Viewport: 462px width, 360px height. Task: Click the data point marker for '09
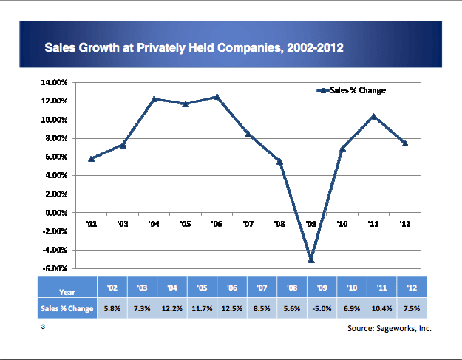[311, 259]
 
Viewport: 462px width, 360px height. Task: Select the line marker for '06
[217, 97]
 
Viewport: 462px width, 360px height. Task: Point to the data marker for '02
[91, 158]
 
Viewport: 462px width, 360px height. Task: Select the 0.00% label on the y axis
[57, 213]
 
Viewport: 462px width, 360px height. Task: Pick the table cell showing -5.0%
[322, 308]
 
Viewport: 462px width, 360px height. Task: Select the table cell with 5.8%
[112, 308]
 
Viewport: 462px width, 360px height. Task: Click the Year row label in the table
[67, 291]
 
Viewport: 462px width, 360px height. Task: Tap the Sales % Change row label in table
[67, 308]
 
